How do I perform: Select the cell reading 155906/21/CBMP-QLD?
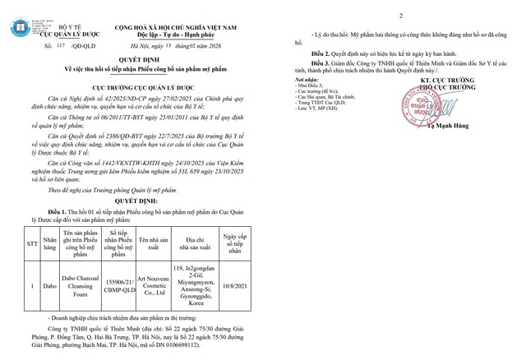click(120, 284)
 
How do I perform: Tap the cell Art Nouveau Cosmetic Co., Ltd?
click(154, 284)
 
